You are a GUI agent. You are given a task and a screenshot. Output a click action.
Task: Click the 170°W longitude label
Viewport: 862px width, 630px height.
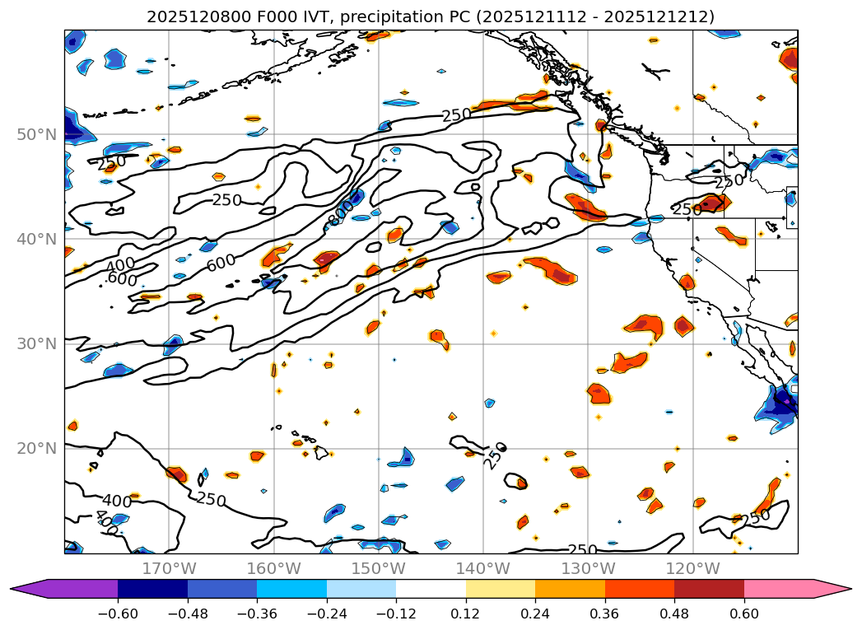pos(169,568)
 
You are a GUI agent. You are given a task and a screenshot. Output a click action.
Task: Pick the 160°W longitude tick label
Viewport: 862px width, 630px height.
pos(273,568)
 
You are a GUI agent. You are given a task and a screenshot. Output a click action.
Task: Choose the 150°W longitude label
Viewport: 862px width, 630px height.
pos(379,568)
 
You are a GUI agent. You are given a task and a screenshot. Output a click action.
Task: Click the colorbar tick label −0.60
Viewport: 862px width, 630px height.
pos(117,613)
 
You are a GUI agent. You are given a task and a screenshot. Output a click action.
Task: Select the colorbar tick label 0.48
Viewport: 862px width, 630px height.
pos(674,613)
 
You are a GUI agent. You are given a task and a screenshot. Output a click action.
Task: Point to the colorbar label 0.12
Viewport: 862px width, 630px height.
pos(466,613)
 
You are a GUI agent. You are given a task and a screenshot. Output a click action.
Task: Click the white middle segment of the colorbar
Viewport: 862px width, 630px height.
pos(431,589)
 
